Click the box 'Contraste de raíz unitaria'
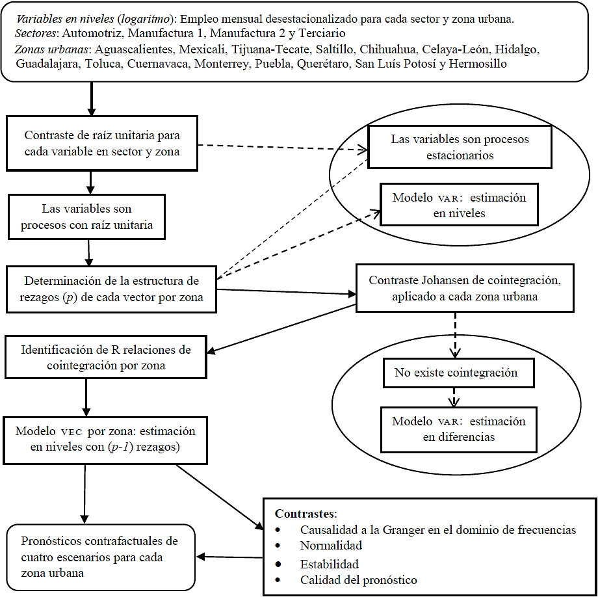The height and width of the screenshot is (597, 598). [101, 144]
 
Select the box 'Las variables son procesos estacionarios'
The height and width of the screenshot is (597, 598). [460, 148]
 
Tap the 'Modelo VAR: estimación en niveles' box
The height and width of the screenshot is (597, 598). [459, 206]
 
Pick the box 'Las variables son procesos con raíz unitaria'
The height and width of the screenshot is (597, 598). [86, 217]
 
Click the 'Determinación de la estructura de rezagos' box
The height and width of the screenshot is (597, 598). [110, 289]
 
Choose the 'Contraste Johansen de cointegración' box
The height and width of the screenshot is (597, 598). [464, 288]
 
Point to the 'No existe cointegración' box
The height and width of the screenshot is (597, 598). [457, 373]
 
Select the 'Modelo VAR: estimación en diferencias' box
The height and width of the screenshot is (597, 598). [458, 429]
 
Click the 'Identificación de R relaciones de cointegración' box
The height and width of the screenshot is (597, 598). [106, 357]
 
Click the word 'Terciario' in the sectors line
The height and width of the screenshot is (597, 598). [322, 33]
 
